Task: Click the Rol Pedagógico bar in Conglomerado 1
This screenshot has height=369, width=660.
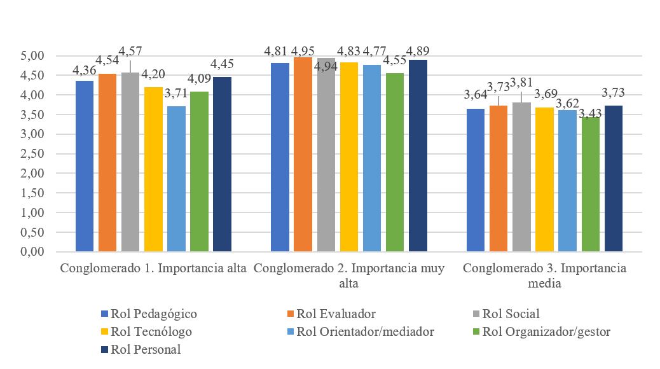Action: click(85, 166)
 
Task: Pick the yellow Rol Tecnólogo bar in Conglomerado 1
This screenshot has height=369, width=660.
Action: click(153, 169)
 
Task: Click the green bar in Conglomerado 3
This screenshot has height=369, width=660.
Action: click(591, 184)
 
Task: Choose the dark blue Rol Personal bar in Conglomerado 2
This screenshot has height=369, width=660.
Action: click(418, 156)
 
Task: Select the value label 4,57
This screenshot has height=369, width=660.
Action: click(130, 49)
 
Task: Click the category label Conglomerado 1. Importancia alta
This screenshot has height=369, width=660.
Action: click(153, 268)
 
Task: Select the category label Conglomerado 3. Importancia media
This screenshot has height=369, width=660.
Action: click(544, 275)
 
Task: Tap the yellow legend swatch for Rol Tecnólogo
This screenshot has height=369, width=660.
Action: click(106, 331)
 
